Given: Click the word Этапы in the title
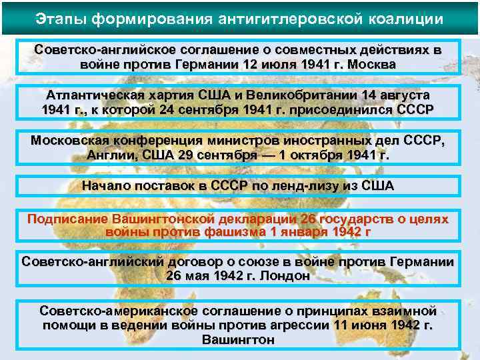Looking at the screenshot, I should [61, 17].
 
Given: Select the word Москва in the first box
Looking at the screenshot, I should [373, 65].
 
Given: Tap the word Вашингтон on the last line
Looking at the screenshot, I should [238, 339].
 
